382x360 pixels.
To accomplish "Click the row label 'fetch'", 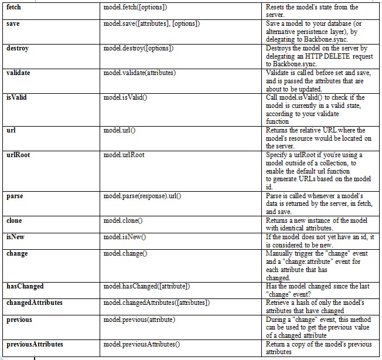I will (x=14, y=7).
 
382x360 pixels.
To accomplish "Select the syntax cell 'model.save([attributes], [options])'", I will (x=151, y=23).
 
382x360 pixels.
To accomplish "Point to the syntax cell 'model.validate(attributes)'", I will (x=139, y=73).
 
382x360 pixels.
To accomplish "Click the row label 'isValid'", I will (x=16, y=97).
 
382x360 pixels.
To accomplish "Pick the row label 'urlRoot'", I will (x=18, y=155).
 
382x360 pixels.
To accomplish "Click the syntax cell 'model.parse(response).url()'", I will (x=142, y=196).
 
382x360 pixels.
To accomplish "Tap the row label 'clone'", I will (x=14, y=220).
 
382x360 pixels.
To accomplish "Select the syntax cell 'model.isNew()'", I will (x=125, y=237).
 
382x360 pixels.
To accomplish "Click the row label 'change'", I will (x=17, y=253).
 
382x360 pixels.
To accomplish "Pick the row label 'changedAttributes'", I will (x=34, y=303).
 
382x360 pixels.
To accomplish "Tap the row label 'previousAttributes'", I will (x=35, y=344).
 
